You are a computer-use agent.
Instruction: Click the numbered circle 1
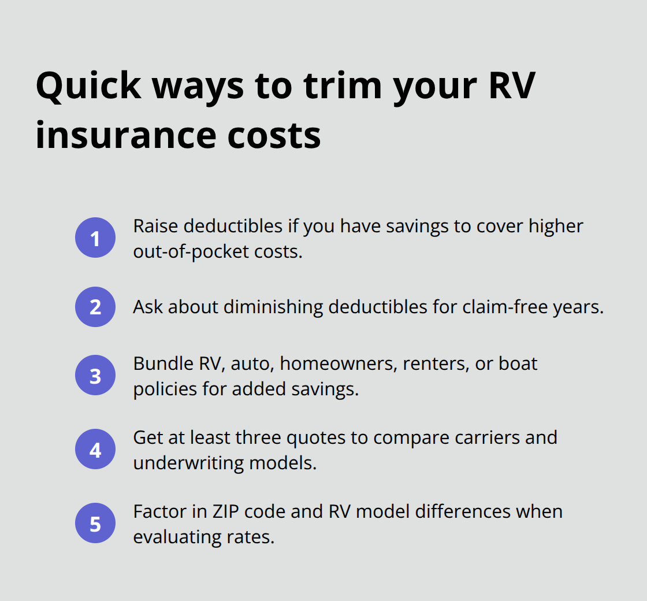pos(95,238)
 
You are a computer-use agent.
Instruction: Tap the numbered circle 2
pos(95,307)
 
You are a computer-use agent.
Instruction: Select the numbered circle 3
pos(95,376)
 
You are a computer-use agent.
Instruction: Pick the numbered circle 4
pos(95,449)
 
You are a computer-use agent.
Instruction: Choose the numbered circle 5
pos(95,524)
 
